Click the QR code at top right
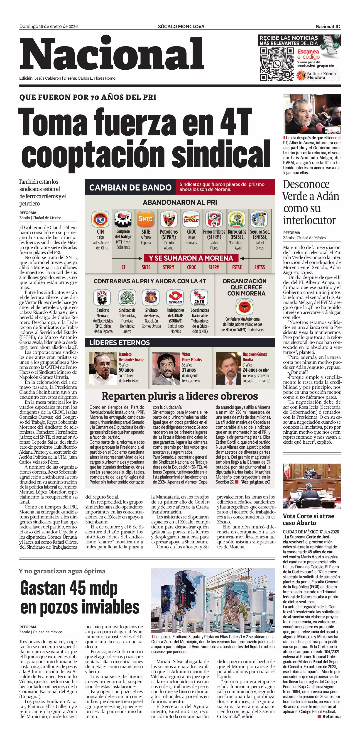click(277, 64)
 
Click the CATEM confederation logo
click(244, 307)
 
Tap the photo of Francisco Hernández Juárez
click(103, 368)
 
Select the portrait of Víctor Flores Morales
click(166, 368)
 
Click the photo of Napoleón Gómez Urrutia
click(228, 368)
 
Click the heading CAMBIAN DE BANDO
click(130, 188)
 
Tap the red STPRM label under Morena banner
click(169, 267)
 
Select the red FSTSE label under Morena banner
click(237, 267)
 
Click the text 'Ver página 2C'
click(256, 482)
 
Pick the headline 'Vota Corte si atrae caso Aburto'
click(308, 519)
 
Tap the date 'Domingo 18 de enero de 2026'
click(49, 27)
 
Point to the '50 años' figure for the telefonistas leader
click(126, 370)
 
